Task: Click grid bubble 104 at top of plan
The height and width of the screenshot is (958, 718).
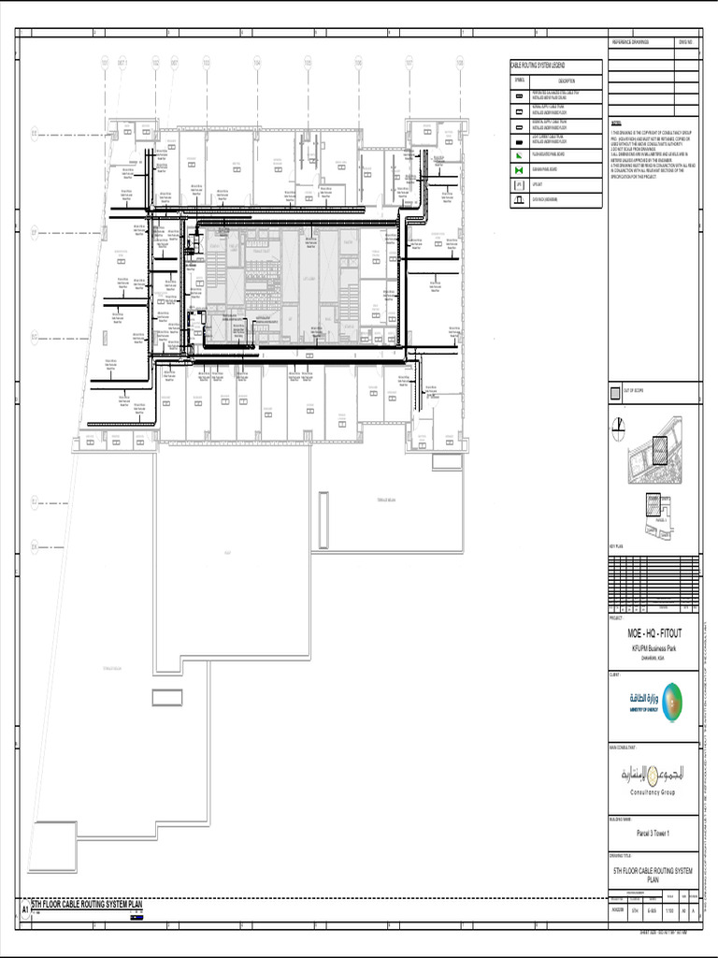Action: [256, 63]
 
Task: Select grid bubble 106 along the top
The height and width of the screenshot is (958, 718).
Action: [358, 63]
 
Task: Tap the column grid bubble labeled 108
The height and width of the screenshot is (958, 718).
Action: [460, 63]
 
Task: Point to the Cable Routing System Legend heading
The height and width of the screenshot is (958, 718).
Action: [543, 65]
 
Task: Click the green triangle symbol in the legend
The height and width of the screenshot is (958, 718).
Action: [519, 154]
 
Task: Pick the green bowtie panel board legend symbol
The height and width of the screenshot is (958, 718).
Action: [519, 170]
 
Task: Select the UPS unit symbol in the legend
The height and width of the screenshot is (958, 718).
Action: [519, 185]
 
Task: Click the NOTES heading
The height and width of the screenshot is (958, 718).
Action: [616, 123]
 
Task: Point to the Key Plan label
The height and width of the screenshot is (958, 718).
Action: [616, 543]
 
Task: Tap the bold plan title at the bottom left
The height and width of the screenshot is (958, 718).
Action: [87, 905]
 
